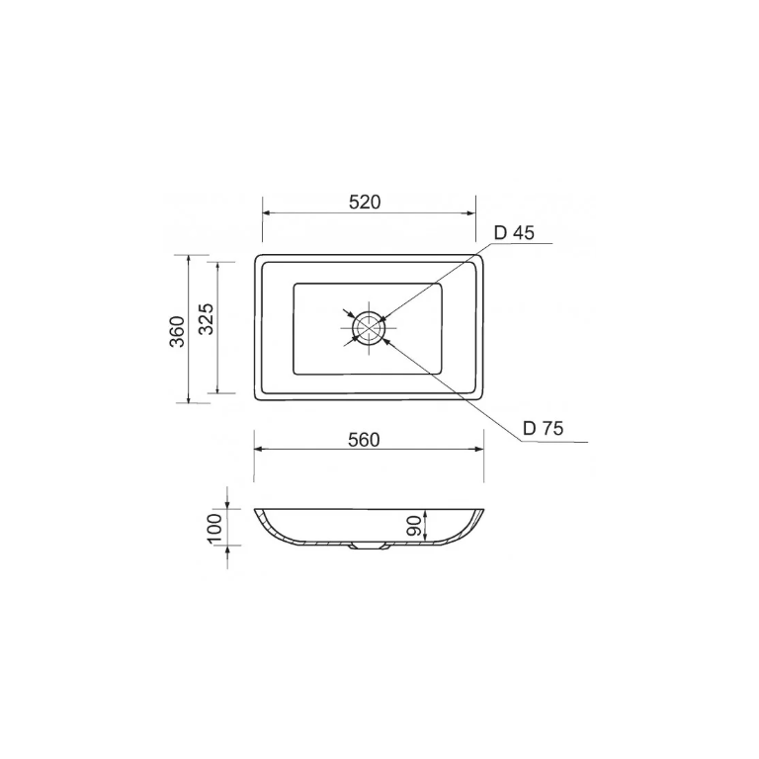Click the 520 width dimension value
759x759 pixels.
point(365,202)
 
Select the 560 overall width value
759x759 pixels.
point(364,440)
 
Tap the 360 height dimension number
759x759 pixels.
point(178,331)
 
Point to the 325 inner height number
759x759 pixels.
point(207,319)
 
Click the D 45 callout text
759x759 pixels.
point(514,233)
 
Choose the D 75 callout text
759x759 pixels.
point(544,428)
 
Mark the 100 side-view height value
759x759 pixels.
point(214,529)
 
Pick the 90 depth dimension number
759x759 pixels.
point(414,526)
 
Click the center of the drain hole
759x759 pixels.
point(369,327)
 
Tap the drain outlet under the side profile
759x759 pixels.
point(369,547)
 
